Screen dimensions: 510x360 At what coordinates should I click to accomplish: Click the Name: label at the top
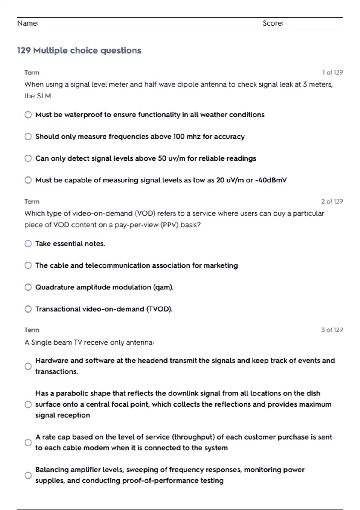28,23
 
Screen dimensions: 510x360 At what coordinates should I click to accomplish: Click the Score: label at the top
273,23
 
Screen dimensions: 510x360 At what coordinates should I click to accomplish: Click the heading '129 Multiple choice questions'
79,50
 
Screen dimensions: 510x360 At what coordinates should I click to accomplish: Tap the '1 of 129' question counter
332,73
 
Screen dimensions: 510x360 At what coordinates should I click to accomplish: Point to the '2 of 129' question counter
332,202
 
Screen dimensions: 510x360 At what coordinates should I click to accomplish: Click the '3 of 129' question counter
332,330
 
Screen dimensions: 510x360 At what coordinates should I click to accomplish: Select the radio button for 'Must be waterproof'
28,115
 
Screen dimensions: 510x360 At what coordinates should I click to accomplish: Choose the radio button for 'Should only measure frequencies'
28,136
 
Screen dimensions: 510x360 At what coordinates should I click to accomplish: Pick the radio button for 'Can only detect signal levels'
28,158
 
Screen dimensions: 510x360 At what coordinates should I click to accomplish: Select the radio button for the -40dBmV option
28,180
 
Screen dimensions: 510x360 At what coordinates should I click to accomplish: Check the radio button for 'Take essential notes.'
28,244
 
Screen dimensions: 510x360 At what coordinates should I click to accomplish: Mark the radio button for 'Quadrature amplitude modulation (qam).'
28,287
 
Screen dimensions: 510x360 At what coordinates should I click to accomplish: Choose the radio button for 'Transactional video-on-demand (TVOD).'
28,309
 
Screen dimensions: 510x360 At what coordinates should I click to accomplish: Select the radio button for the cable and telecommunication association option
28,265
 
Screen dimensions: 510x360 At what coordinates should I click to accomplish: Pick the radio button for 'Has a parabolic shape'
28,404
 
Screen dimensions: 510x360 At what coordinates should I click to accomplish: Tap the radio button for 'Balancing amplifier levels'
28,475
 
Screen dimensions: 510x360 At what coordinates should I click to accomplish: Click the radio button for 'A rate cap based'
28,442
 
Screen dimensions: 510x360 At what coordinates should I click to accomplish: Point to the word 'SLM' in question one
44,96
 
